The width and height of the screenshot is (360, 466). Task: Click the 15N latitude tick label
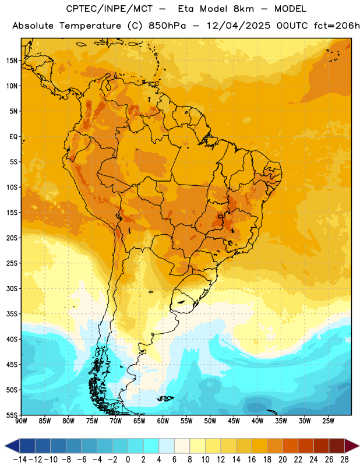point(12,61)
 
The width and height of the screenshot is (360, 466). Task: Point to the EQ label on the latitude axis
point(13,137)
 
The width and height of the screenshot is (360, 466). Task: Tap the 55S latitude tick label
point(12,415)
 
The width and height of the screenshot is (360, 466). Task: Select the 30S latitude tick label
point(12,288)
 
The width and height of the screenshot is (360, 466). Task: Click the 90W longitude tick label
point(21,421)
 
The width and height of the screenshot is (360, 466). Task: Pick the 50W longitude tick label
point(210,421)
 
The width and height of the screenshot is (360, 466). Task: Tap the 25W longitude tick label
point(328,421)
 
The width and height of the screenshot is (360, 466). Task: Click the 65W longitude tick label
point(139,421)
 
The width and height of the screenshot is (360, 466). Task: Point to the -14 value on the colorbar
point(20,460)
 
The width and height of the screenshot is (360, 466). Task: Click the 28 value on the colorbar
point(344,460)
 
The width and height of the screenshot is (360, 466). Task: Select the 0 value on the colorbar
point(128,460)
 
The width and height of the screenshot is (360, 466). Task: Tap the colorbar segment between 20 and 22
point(291,446)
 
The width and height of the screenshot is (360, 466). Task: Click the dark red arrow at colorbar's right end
point(351,446)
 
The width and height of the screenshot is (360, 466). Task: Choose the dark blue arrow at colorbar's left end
point(12,446)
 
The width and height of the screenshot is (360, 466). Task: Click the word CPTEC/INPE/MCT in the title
point(110,9)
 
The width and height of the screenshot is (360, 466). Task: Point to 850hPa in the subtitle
point(167,26)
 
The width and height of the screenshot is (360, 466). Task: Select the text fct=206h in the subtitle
point(337,26)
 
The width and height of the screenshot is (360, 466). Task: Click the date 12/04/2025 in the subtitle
point(238,26)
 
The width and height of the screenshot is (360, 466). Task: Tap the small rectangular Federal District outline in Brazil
point(221,217)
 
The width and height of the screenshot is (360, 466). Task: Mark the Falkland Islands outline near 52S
point(165,398)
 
